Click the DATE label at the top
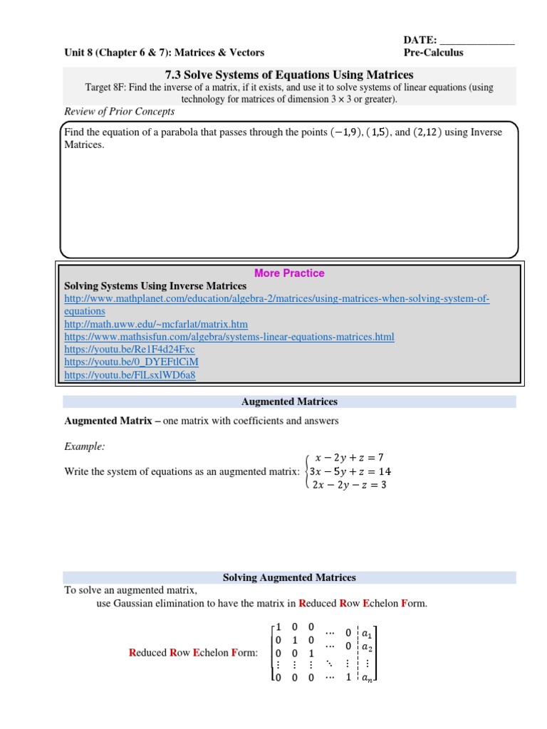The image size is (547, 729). (x=420, y=40)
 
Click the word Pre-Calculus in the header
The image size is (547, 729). (x=433, y=53)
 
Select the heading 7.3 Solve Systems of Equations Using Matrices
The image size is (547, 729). (x=289, y=75)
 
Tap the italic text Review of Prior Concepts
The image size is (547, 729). (x=119, y=112)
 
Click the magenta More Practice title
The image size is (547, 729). (x=289, y=273)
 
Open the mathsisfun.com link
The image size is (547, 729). (x=229, y=337)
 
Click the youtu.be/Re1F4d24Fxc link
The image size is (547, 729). (x=129, y=350)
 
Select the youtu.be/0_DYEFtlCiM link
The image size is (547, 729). (x=132, y=362)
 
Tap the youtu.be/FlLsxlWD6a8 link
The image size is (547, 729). (x=130, y=375)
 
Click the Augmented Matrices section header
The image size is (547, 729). (x=289, y=402)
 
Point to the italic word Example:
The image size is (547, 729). (x=85, y=446)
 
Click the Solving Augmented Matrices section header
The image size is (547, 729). (x=289, y=577)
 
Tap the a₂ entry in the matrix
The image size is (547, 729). (x=367, y=646)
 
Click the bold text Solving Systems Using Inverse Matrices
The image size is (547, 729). (x=155, y=286)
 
